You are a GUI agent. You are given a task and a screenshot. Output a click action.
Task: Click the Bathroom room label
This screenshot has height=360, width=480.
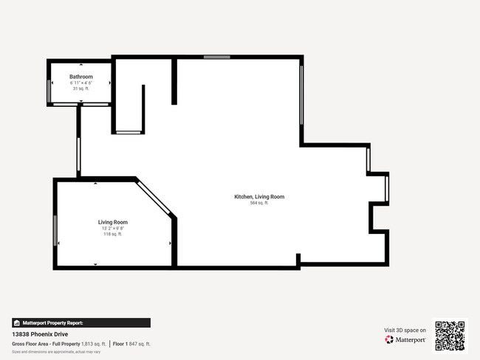click(x=81, y=77)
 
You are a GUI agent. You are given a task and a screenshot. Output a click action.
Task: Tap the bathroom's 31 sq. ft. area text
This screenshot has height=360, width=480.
click(x=81, y=89)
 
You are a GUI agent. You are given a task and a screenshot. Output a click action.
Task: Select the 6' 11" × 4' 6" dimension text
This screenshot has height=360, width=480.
click(x=81, y=83)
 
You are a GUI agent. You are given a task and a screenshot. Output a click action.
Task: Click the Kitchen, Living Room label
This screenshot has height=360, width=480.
click(x=259, y=197)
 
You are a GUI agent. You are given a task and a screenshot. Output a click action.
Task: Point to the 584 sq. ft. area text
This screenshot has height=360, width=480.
click(x=259, y=203)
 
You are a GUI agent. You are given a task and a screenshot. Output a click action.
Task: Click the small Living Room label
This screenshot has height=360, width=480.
click(x=113, y=222)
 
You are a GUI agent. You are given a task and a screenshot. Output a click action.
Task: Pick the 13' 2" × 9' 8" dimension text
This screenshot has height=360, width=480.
click(x=113, y=229)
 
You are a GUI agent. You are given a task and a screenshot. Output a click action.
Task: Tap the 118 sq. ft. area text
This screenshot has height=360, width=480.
click(x=113, y=235)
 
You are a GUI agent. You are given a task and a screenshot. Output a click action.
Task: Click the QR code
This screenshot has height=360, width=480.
click(x=450, y=335)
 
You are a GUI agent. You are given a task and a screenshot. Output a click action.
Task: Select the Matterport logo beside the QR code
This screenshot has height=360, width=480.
click(x=405, y=340)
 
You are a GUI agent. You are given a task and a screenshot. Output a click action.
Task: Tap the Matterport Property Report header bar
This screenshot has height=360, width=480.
click(x=81, y=322)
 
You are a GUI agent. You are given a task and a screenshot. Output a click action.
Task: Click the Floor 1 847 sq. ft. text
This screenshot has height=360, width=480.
click(x=131, y=344)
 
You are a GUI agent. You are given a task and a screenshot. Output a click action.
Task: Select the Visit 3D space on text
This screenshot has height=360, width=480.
click(x=405, y=330)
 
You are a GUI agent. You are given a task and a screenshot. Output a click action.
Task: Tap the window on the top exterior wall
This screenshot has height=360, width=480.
click(x=216, y=57)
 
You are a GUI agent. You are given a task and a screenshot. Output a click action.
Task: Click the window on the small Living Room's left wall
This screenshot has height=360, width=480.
click(x=55, y=231)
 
